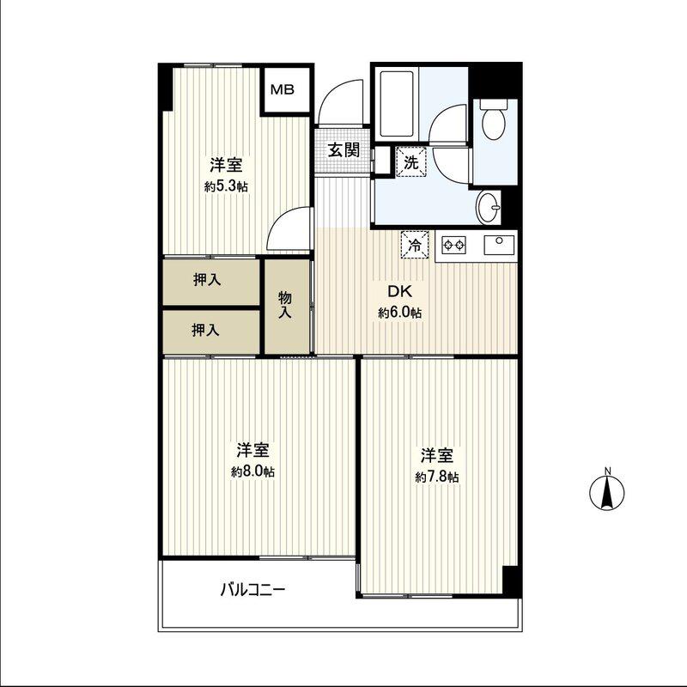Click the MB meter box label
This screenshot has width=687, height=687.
tap(283, 90)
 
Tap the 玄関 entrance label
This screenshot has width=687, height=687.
tap(344, 150)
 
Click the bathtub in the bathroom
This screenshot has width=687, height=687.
tap(397, 104)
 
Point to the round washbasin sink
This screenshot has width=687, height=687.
tap(489, 207)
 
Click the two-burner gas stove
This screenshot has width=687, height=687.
tap(453, 245)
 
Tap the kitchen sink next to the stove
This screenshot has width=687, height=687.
tap(499, 245)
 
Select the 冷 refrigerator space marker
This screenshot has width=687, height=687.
tap(415, 245)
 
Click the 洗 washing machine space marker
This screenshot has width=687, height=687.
tap(411, 162)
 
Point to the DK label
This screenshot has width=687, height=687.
tap(399, 291)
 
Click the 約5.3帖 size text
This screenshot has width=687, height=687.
tap(226, 187)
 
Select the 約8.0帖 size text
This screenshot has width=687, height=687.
tap(252, 471)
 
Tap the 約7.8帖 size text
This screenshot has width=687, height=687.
tap(437, 477)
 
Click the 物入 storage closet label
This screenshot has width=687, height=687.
tap(285, 305)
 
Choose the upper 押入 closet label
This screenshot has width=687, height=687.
tap(207, 280)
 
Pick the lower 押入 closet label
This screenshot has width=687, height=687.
tap(205, 330)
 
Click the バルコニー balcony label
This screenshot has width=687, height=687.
tap(252, 590)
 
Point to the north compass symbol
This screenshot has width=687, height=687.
tap(607, 490)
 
